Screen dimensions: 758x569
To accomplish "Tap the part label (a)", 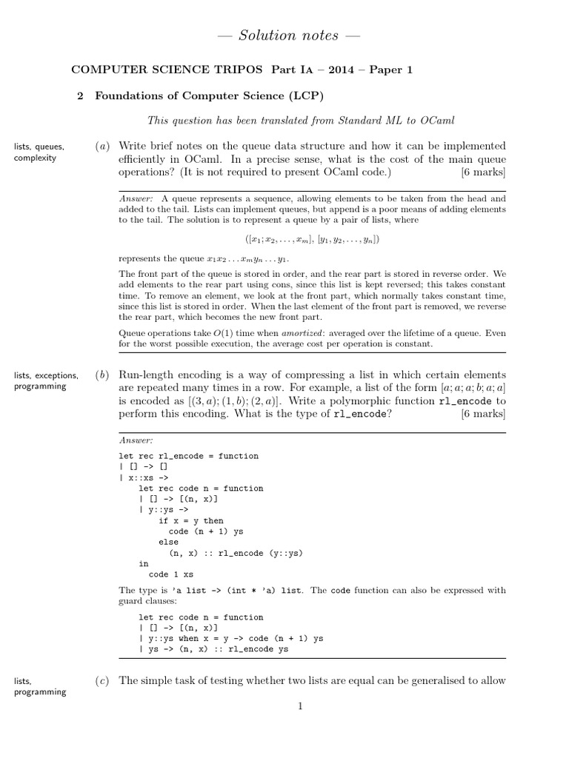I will click(x=102, y=147).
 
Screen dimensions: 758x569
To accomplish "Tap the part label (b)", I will click(x=102, y=375).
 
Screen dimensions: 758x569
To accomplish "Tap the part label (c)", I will click(x=102, y=681).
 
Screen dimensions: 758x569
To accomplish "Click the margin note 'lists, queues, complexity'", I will click(x=39, y=152).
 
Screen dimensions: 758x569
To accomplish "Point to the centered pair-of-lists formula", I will click(x=312, y=240).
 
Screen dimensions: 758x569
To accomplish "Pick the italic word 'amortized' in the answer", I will click(x=269, y=333).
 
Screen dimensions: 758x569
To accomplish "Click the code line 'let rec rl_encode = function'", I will click(x=188, y=456).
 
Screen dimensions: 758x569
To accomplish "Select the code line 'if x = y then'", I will click(x=190, y=520).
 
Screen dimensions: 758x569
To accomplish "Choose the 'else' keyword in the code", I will click(x=168, y=542).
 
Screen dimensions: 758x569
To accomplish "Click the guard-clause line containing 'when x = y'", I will click(x=230, y=638).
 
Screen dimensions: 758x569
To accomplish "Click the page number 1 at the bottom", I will click(x=300, y=707).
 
